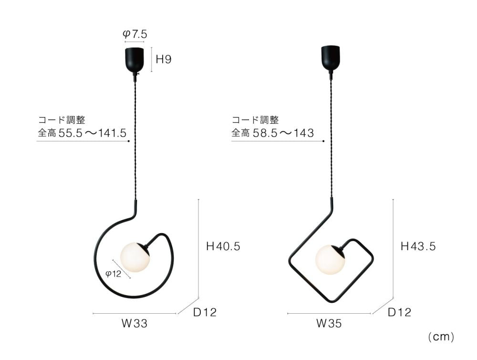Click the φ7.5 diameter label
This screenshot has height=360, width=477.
135,34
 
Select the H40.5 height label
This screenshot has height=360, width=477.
223,247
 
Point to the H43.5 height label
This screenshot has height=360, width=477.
418,246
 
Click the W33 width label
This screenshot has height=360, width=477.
134,324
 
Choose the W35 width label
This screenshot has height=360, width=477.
329,324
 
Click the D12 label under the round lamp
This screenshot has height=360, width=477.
205,313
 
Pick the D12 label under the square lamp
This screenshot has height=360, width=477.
399,313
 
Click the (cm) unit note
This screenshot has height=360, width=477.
441,337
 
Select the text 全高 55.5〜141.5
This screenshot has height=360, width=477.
82,133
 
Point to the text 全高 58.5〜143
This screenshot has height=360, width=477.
273,133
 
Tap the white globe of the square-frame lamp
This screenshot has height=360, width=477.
330,260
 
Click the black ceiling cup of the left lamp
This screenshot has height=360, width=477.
135,59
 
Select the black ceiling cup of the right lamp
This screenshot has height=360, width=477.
330,58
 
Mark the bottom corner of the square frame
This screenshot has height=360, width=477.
332,301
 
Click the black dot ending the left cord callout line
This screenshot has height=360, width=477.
129,141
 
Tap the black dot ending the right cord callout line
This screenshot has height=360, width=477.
323,141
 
